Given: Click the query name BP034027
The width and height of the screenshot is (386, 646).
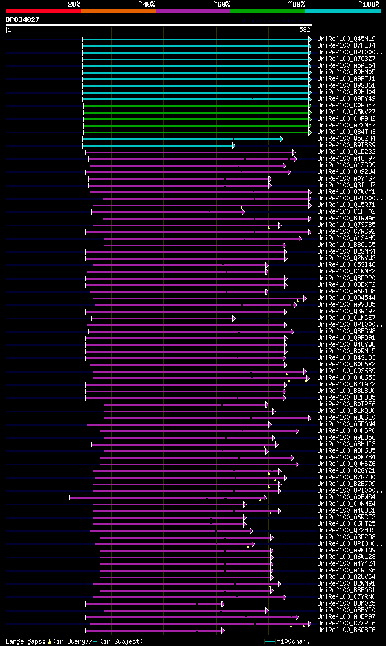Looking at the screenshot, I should tap(23, 19).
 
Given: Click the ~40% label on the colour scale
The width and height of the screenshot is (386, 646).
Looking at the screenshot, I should tap(147, 4).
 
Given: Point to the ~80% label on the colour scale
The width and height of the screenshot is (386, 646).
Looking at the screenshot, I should tap(296, 4).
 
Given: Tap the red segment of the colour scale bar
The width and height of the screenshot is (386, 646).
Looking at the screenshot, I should tap(43, 11).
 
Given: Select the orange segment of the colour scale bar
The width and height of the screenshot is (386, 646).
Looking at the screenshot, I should tap(118, 11).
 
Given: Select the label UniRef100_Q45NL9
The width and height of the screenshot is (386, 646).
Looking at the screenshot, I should tap(346, 39).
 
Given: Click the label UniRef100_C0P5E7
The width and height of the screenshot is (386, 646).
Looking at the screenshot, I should tap(346, 106).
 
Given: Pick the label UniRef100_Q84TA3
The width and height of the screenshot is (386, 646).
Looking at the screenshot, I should tap(346, 132).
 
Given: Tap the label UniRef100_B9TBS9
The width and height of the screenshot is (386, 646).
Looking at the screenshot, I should tap(346, 146).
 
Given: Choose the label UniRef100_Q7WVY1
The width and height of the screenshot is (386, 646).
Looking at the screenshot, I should tap(346, 192).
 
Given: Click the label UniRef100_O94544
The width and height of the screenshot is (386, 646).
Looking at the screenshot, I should tap(346, 298).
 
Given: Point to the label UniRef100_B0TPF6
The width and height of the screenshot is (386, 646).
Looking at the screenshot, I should tap(346, 405).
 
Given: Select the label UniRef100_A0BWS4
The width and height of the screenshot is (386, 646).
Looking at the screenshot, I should tap(346, 497).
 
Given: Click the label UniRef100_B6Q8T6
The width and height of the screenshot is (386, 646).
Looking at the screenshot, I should tap(346, 630).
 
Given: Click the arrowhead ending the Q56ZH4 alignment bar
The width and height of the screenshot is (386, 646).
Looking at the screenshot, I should tap(281, 139).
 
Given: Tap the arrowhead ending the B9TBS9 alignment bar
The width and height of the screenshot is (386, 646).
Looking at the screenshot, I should tap(233, 146).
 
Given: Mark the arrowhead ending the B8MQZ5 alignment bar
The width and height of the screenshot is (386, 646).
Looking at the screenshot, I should tap(223, 604).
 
